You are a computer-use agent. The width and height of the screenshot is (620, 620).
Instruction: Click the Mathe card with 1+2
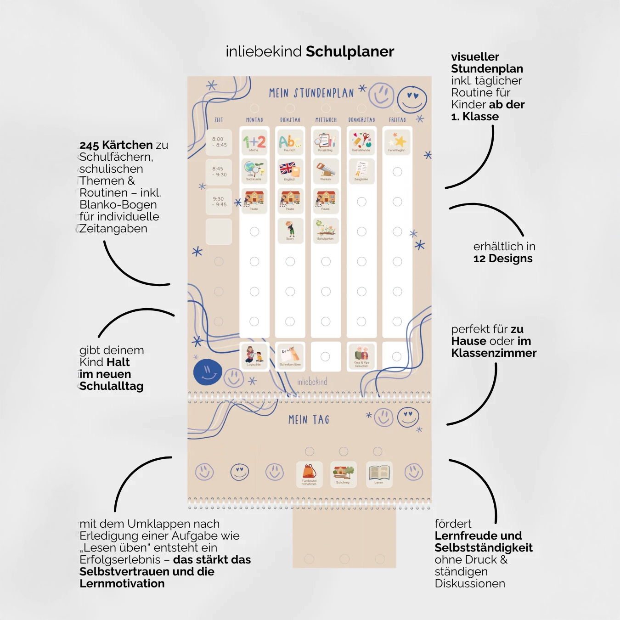click(254, 142)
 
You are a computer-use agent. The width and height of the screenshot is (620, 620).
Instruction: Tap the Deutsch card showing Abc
click(290, 142)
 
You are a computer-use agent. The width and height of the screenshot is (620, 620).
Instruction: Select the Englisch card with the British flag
click(290, 171)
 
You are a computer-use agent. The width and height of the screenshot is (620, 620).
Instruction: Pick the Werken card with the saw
click(326, 171)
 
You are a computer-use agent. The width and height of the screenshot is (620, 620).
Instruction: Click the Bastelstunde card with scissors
click(361, 142)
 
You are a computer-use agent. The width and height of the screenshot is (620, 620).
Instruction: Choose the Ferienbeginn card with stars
click(397, 142)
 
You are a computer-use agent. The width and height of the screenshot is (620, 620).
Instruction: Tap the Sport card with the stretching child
click(290, 231)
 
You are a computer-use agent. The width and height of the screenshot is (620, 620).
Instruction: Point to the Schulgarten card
click(326, 231)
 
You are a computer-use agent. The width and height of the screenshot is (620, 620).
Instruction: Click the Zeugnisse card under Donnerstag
click(361, 171)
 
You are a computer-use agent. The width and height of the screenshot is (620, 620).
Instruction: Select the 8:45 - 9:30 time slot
click(219, 172)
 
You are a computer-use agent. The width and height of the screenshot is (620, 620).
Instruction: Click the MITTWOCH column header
click(326, 120)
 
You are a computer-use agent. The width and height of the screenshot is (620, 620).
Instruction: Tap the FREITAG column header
click(397, 120)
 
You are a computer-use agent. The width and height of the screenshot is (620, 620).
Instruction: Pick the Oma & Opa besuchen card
click(361, 356)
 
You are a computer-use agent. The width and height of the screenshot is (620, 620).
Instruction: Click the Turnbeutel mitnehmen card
click(309, 474)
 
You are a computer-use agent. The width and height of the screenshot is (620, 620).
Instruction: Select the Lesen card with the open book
click(379, 474)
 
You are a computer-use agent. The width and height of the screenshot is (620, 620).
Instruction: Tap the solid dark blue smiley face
click(208, 372)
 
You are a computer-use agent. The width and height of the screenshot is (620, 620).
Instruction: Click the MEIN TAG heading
click(309, 420)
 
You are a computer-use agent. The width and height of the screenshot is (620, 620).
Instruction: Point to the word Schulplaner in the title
click(350, 51)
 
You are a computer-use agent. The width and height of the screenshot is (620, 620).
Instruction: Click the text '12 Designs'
click(503, 259)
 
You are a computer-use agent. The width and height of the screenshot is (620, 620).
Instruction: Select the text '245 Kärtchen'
click(116, 145)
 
